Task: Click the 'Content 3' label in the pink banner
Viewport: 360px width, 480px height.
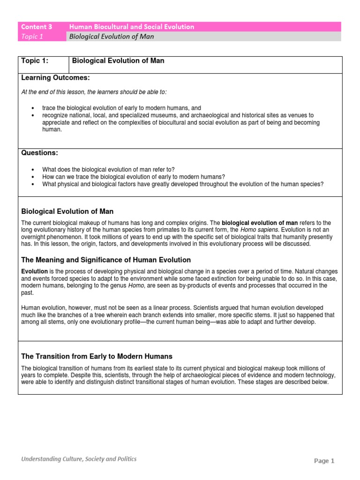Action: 36,27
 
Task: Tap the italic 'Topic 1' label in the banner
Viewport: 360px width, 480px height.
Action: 32,37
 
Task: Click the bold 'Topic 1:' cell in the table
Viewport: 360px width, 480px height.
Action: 35,61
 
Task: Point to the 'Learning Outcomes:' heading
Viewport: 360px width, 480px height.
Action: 55,77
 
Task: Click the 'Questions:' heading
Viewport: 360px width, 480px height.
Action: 40,153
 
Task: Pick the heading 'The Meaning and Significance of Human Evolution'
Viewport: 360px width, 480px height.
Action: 106,260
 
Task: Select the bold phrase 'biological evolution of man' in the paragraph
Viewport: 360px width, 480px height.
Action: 258,223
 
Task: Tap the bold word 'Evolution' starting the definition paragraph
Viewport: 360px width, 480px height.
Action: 35,271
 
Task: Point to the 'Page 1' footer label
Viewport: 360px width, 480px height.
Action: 324,461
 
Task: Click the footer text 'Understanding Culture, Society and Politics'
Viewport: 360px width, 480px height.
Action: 79,459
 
